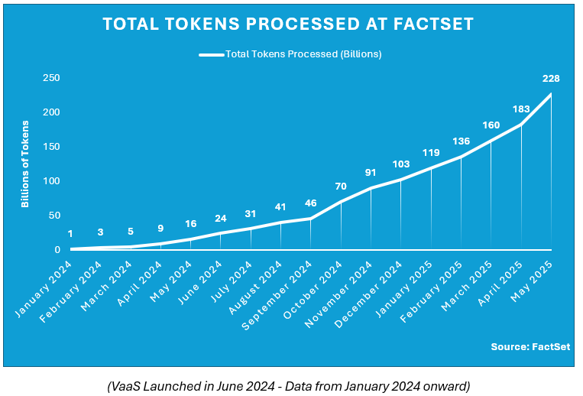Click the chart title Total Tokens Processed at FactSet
point(288,24)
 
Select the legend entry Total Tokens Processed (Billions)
point(290,54)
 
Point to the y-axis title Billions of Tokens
point(25,164)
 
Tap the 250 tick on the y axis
point(51,78)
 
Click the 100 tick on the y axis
point(51,181)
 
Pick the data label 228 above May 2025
point(551,78)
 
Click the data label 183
point(521,109)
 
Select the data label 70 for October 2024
point(341,187)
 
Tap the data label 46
point(311,203)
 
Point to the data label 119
point(431,153)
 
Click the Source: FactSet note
point(530,346)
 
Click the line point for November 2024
point(371,188)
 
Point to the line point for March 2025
point(491,141)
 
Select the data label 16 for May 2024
point(190,224)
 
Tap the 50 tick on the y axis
point(53,216)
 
